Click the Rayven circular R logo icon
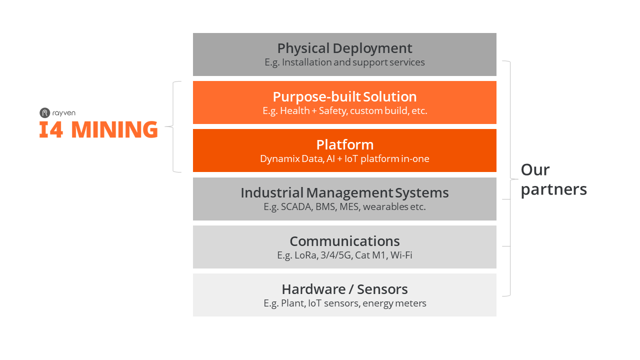pos(44,113)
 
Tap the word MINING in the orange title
pos(114,129)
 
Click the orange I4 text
pos(51,129)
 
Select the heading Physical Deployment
pos(344,48)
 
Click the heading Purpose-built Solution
pos(344,97)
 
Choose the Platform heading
pos(345,145)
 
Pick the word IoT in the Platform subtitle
pos(351,159)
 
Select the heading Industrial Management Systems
pos(344,193)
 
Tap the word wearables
pos(385,206)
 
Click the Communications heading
pos(344,241)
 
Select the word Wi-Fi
pos(401,255)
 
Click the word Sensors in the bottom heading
pos(382,289)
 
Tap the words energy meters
pos(394,303)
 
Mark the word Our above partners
pos(535,170)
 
